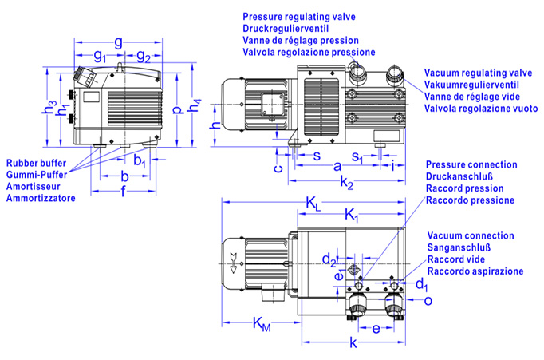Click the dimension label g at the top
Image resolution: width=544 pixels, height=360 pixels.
coord(118,42)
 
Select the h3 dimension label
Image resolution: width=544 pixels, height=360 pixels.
coord(49,107)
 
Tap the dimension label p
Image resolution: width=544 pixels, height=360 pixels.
coord(177,109)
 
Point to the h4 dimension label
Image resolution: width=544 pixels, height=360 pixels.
coord(195,105)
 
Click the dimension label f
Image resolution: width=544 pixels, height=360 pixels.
coord(123,191)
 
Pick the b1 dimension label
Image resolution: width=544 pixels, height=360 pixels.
coord(140,160)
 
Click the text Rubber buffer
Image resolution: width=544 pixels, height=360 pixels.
coord(37,163)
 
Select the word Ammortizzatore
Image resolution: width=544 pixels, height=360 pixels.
coord(41,198)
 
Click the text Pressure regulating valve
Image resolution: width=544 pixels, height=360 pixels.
coord(299,17)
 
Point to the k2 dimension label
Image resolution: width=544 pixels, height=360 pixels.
coord(347,182)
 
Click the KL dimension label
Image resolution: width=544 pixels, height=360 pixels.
coord(313,203)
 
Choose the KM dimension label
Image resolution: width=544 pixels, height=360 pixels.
coord(262,324)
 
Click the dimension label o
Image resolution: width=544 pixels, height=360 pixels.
coord(428,301)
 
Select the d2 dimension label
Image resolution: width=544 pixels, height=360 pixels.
coord(329,260)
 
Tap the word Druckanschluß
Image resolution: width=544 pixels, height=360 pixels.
coord(459,176)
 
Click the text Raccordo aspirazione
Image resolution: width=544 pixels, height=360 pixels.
coord(475,271)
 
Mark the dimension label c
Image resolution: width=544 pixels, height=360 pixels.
coord(278,168)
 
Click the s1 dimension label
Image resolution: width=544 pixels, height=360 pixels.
coord(357,157)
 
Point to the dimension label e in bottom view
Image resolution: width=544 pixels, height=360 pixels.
coord(376,329)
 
